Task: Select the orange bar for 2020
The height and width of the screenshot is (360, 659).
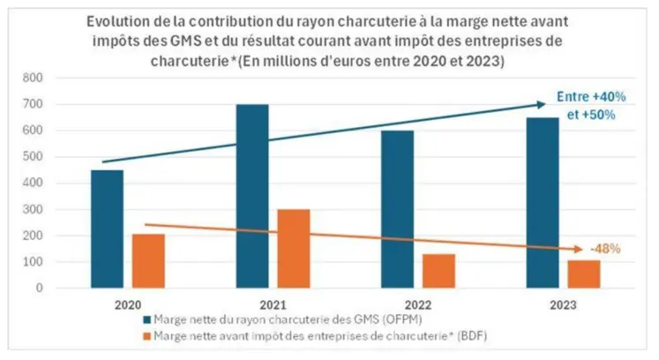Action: pos(148,260)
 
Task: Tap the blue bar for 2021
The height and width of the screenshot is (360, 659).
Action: pos(252,196)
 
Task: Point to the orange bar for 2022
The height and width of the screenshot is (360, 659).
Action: pos(438,271)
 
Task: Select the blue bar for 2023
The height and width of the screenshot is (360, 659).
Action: pos(543,202)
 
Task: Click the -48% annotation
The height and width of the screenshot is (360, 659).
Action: pos(606,249)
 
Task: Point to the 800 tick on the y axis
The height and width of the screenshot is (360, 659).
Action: pos(59,78)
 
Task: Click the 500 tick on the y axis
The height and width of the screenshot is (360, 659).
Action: pos(59,156)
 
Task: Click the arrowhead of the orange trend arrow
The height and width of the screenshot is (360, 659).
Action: pos(580,251)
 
